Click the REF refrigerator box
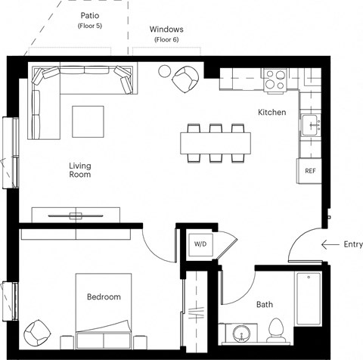point(310,170)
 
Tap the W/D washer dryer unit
point(200,244)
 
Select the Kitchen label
point(271,113)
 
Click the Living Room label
point(79,170)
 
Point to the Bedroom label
point(103,297)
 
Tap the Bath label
point(264,305)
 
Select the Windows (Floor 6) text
point(166,33)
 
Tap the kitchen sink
point(310,124)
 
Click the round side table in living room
point(164,72)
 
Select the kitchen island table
point(216,141)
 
